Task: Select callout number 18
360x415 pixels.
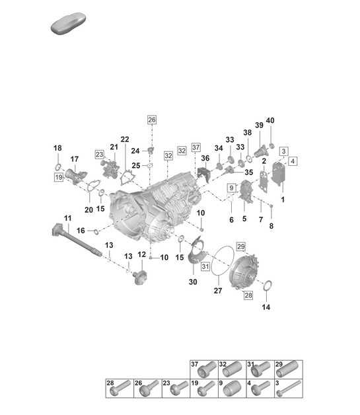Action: [57, 147]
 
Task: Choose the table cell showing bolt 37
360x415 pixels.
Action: [202, 369]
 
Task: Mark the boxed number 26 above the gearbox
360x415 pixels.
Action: [152, 120]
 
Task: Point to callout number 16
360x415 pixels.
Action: [81, 230]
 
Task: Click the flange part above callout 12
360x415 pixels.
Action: [141, 277]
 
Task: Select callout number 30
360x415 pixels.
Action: [193, 282]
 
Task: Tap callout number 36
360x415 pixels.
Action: [205, 159]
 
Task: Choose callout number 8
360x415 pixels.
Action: [270, 225]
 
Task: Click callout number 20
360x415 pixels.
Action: [88, 209]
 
